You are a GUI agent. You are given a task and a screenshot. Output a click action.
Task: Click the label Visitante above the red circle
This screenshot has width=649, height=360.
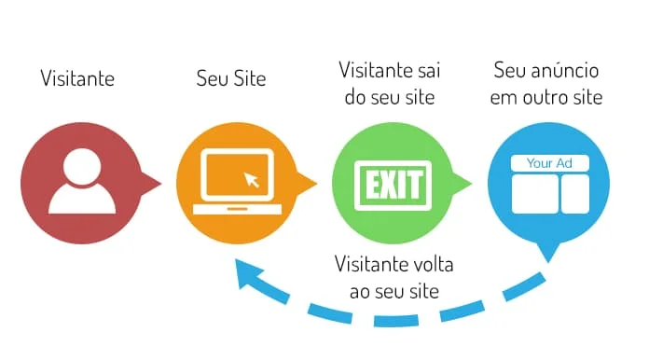(77, 78)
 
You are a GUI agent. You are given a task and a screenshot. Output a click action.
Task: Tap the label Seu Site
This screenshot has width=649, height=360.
(231, 78)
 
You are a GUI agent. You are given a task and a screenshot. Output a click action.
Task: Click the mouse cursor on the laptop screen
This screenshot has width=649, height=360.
(251, 179)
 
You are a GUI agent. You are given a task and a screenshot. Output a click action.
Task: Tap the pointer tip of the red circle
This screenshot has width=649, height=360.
(159, 182)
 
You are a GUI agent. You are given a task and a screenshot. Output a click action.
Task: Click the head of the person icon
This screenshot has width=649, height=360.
(81, 167)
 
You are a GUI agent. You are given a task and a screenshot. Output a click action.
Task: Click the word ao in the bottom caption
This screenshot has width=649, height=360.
(360, 291)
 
